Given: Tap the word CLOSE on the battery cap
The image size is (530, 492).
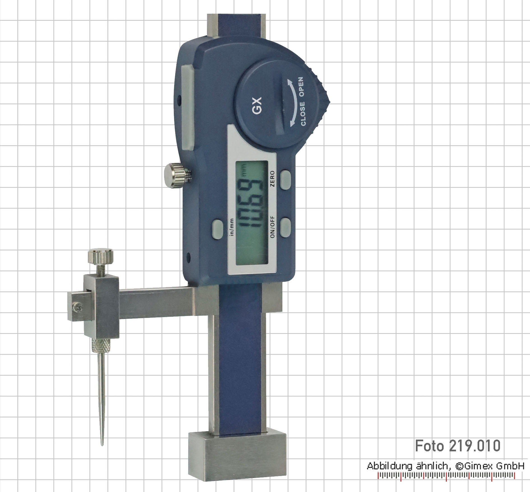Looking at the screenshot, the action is [x=303, y=114].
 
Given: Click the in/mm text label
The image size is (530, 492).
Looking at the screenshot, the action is [x=232, y=227].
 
